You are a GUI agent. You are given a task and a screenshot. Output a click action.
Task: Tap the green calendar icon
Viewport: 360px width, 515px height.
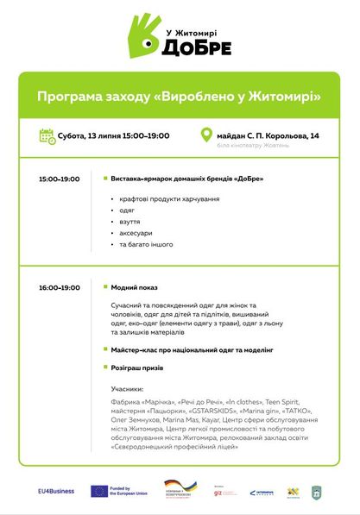point(47,135)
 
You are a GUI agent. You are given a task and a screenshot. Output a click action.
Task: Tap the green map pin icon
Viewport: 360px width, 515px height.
point(206,135)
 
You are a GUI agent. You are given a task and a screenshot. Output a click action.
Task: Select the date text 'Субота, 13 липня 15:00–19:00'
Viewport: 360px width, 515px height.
point(113,135)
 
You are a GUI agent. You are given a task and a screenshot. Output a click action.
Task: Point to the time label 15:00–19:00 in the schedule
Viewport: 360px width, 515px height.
point(59,179)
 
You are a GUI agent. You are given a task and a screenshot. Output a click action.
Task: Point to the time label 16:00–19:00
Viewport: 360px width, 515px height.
point(59,287)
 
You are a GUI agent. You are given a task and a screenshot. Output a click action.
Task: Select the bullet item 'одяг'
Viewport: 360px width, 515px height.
point(128,210)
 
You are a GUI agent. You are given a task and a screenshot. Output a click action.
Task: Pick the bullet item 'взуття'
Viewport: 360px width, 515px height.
point(130,221)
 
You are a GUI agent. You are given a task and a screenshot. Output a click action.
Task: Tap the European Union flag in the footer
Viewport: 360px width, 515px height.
point(98,491)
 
